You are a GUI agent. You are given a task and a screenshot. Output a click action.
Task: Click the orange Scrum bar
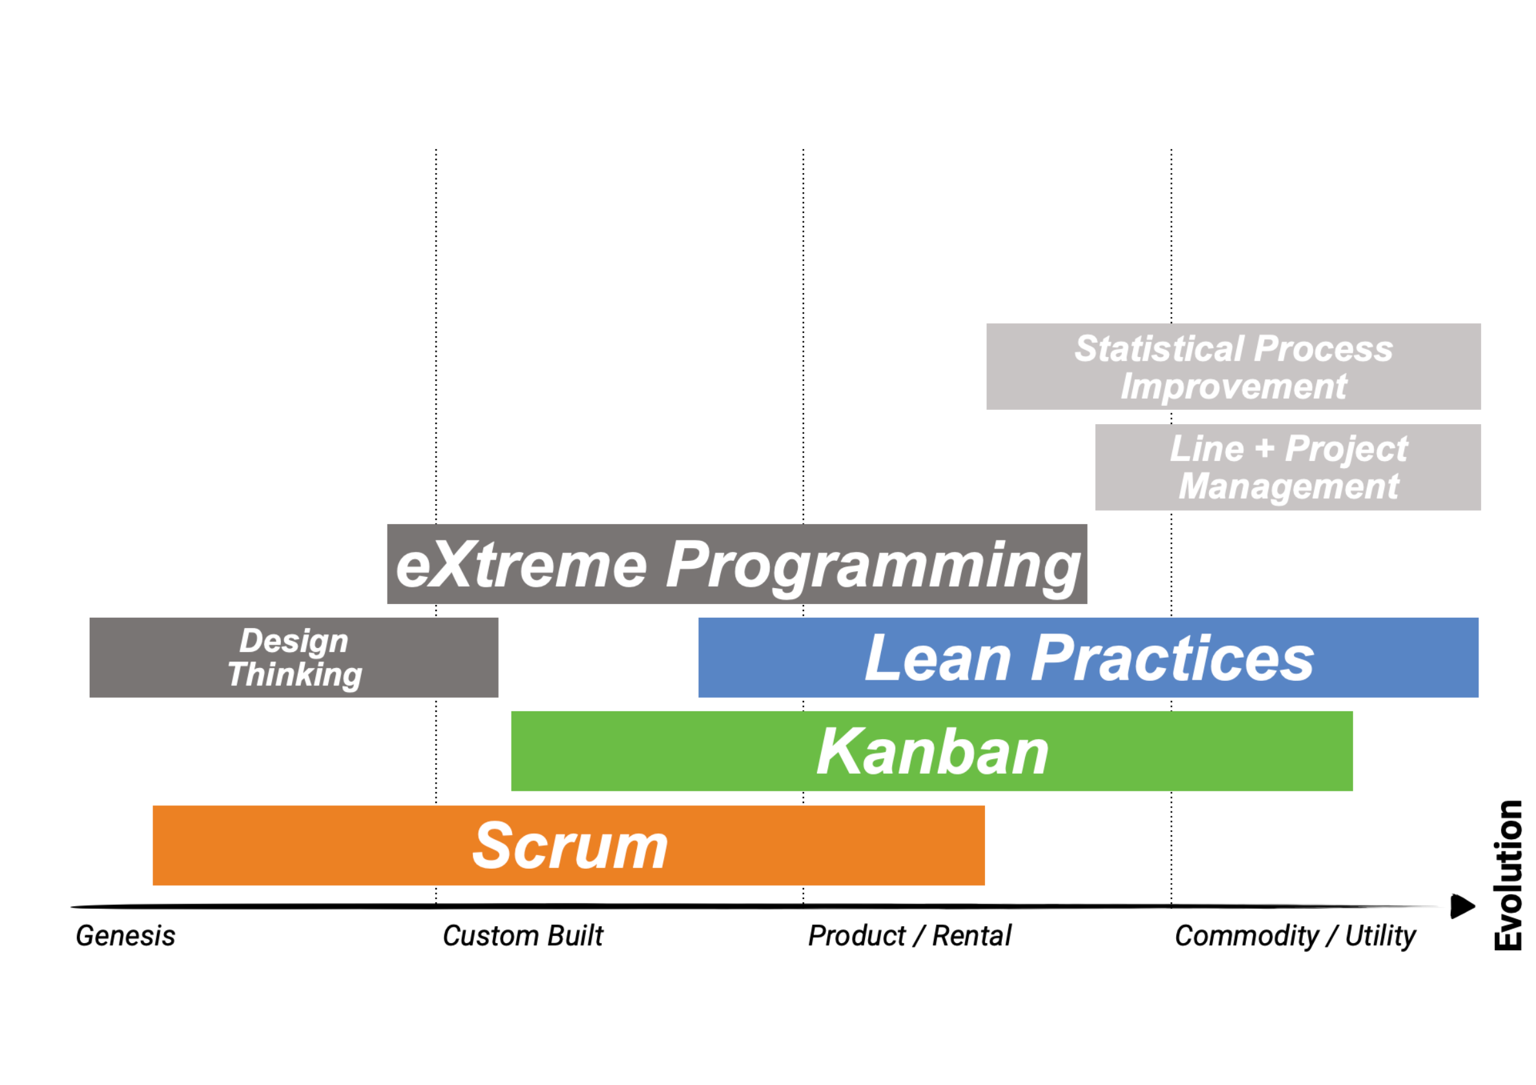[x=568, y=845]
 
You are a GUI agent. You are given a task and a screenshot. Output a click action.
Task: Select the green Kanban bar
[x=932, y=751]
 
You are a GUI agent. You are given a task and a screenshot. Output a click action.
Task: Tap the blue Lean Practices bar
[x=1088, y=657]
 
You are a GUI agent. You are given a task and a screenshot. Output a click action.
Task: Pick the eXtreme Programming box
[x=737, y=563]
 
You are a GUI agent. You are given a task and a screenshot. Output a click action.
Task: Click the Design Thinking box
[x=294, y=657]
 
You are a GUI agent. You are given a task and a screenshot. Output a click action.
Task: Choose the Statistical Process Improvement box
[x=1234, y=367]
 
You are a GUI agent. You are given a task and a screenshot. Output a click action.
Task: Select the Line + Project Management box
[x=1288, y=467]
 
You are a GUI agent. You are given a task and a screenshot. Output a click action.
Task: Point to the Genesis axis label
[x=126, y=935]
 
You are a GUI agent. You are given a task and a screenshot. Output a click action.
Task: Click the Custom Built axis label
[x=523, y=935]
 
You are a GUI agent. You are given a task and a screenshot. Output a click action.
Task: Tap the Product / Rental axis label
[x=910, y=935]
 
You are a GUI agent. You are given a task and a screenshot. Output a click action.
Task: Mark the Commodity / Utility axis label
[x=1295, y=936]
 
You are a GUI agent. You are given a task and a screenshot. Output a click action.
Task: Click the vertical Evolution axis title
[x=1509, y=875]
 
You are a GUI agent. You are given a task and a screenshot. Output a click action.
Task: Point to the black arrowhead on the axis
[x=1463, y=906]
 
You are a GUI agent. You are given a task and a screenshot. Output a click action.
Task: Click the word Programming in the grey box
[x=873, y=567]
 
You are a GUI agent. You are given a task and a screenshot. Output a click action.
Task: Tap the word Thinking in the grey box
[x=295, y=674]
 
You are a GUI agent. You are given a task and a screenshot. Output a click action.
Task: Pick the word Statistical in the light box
[x=1160, y=349]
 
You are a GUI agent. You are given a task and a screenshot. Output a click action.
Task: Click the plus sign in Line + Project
[x=1265, y=449]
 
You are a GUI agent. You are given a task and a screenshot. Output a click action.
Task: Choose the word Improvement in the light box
[x=1234, y=387]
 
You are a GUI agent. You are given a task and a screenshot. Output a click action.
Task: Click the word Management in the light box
[x=1289, y=487]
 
